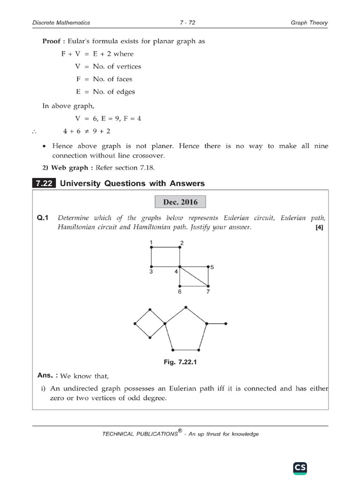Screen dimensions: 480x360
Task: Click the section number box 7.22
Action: pos(44,183)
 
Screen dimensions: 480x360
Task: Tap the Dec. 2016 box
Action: pos(180,202)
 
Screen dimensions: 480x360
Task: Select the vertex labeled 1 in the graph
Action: pos(151,247)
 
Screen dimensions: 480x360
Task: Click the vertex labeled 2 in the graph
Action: pos(180,247)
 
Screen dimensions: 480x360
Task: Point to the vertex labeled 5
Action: pos(208,267)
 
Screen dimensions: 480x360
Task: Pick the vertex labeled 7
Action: pos(208,286)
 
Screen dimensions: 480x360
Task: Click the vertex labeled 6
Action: pos(180,286)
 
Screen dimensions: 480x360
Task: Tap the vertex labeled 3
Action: pos(151,267)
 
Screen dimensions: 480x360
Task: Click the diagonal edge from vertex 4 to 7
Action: pos(194,276)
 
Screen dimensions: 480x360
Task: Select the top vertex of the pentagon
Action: pos(186,307)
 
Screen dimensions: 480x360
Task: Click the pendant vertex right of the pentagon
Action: pos(226,323)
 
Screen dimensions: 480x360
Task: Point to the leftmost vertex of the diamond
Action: pos(135,323)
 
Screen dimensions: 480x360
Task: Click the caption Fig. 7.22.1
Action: pos(180,362)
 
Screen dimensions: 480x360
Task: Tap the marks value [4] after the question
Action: pos(320,228)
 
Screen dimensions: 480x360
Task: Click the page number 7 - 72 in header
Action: pos(180,22)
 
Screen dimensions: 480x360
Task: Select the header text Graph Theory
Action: pos(309,22)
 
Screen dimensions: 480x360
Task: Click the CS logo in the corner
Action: pos(300,467)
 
